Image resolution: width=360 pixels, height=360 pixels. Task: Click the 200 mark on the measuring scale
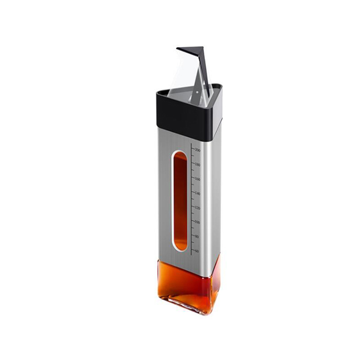coord(197,150)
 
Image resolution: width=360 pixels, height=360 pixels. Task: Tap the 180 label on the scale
coord(197,164)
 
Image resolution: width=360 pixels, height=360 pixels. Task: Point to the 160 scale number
coord(197,179)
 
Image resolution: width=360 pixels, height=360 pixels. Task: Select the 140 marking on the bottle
coord(197,193)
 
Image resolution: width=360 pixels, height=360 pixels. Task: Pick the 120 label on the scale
coord(197,208)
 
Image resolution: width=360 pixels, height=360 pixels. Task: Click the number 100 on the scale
coord(197,222)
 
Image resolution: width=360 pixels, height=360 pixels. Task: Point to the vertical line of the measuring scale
coord(192,199)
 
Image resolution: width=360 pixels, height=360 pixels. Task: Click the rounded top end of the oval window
coord(180,153)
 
